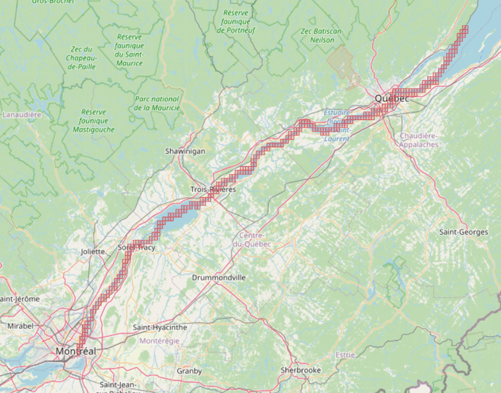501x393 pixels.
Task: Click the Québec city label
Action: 392,99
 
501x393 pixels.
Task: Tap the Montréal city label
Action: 76,351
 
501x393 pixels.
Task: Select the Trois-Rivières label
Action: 213,189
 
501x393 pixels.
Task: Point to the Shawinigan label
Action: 185,151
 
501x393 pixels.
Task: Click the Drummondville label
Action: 219,277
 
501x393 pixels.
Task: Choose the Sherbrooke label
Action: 301,370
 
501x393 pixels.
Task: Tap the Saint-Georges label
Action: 464,232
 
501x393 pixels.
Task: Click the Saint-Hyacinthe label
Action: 160,328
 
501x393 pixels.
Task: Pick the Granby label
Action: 189,371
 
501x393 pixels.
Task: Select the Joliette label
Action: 93,252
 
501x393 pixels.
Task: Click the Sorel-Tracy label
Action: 137,247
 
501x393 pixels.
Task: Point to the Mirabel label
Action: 21,327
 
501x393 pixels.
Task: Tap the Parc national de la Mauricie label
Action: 157,103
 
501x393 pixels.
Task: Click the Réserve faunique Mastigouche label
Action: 94,121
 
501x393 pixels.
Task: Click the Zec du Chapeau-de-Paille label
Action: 81,58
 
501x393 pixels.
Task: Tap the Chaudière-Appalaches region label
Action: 419,140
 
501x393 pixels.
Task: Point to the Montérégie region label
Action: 159,341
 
